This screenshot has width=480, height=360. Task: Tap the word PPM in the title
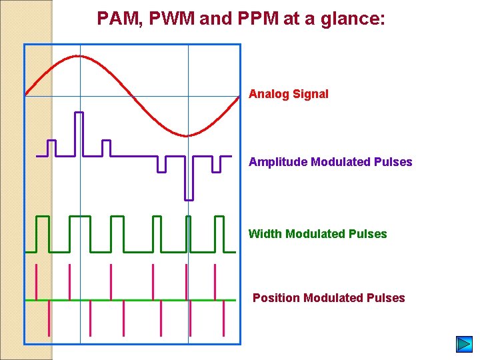coord(256,19)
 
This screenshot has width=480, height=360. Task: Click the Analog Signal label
coord(288,94)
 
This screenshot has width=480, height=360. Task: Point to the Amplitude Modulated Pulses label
coord(330,162)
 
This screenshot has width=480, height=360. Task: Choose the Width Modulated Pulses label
coord(317,234)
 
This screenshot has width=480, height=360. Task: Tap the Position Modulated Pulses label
coord(329,298)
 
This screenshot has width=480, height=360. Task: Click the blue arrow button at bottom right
coord(464,344)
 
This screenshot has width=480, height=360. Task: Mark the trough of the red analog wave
coord(187,136)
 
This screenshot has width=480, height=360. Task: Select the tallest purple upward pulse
coord(79,133)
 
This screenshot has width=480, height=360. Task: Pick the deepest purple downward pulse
coord(189,179)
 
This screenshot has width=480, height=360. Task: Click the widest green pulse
coord(79,233)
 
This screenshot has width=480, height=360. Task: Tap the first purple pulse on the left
coord(51,147)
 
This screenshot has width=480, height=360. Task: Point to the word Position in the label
coord(276,298)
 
